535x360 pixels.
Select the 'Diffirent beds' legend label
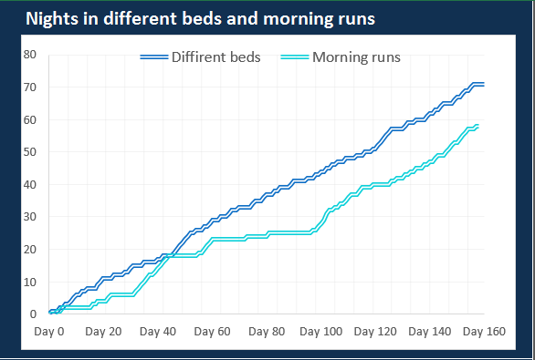[215, 57]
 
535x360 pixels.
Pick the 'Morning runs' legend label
[356, 57]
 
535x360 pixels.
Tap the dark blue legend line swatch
[154, 57]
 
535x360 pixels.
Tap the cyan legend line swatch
[295, 57]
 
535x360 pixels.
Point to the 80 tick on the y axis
[29, 55]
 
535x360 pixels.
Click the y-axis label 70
[29, 87]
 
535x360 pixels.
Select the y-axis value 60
[29, 119]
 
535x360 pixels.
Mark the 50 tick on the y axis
[29, 152]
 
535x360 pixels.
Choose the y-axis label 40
[29, 184]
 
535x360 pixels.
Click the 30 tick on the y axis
[29, 217]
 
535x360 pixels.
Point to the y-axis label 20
[29, 249]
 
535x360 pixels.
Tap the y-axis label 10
[29, 282]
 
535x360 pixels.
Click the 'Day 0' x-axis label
[49, 331]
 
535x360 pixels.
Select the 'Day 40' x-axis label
[157, 331]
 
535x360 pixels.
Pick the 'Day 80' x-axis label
[265, 331]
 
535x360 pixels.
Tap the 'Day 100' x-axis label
[320, 331]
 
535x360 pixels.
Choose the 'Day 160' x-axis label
[482, 331]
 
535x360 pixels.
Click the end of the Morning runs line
[477, 126]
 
